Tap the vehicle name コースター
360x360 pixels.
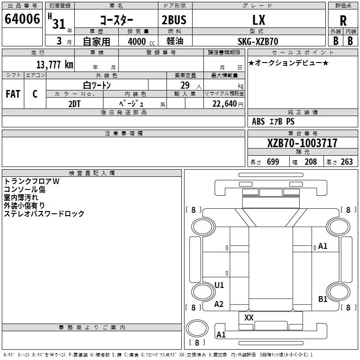point(117,20)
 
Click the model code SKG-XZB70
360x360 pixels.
point(258,41)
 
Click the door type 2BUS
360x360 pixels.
point(174,20)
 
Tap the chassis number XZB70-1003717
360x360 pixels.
point(302,143)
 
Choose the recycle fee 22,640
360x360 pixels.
point(226,104)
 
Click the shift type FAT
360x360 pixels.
point(13,94)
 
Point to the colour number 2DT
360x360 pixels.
point(75,104)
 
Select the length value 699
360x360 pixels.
point(273,162)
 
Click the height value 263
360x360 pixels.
point(346,162)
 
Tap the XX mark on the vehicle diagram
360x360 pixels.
point(249,318)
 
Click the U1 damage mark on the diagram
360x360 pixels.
point(219,285)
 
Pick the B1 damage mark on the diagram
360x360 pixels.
point(323,299)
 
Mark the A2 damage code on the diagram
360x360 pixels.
point(219,304)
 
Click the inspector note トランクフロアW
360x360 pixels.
point(31,181)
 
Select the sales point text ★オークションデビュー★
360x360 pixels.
point(288,63)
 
